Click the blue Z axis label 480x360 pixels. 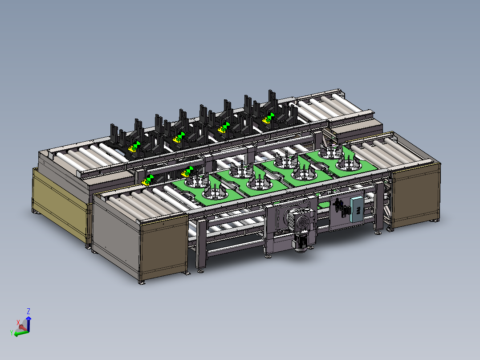[28, 311]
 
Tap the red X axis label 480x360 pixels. [18, 322]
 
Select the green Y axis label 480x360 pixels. [12, 333]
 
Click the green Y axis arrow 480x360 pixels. [21, 333]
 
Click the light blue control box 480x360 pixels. [357, 210]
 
